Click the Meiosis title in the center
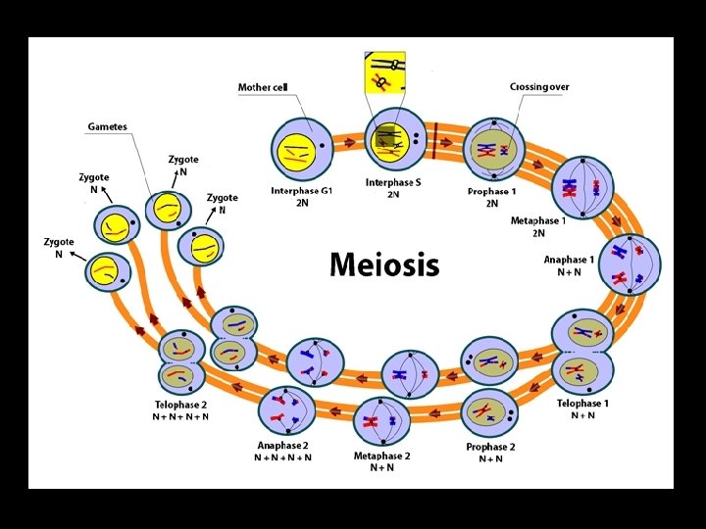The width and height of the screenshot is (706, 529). [384, 264]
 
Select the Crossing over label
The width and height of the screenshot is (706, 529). [538, 87]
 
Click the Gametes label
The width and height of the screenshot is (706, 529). [107, 127]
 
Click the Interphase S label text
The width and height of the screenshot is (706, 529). [393, 182]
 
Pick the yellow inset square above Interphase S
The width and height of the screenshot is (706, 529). [384, 72]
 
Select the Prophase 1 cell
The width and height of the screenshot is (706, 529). [493, 150]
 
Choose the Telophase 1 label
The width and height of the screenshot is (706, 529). [583, 404]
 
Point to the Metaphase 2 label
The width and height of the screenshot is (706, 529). [381, 457]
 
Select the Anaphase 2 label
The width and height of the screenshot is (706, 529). [282, 447]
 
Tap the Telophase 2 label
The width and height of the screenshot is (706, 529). [180, 405]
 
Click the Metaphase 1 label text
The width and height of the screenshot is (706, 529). [538, 221]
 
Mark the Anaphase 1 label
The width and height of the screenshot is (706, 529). [569, 261]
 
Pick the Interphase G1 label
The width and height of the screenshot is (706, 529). [302, 191]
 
